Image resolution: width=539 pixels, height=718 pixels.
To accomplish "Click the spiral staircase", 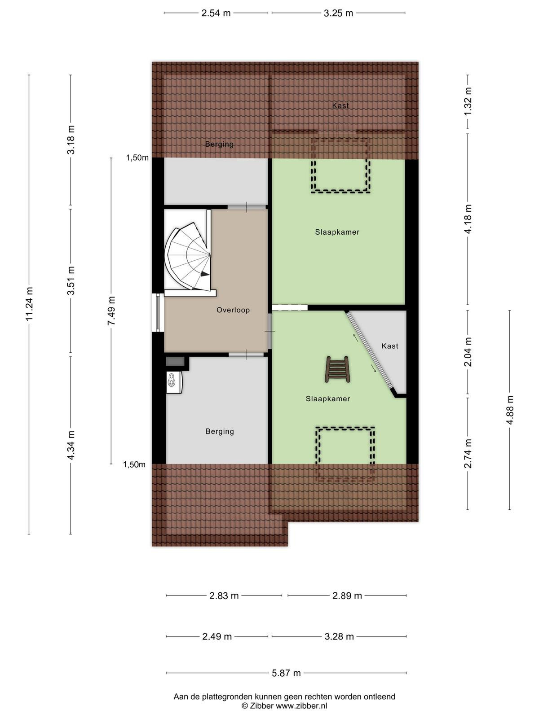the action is click(x=188, y=256).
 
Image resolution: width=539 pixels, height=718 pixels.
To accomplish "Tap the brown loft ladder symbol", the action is click(x=337, y=369).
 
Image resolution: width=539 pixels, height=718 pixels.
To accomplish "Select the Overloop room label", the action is click(x=233, y=310).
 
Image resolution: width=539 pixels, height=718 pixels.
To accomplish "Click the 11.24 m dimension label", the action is click(x=29, y=304).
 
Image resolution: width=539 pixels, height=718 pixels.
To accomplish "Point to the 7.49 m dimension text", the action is click(x=111, y=311).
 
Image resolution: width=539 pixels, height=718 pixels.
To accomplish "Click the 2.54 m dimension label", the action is click(x=216, y=13).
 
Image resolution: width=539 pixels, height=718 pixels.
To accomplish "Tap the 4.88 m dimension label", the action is click(x=509, y=410).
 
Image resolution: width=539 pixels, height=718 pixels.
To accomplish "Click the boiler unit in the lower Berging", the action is click(x=174, y=382).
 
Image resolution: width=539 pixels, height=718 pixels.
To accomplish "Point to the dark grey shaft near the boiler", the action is click(x=175, y=361).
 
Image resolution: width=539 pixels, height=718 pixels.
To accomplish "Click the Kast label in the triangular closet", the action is click(x=390, y=346).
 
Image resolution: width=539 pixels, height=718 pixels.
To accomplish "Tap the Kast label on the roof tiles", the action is click(x=340, y=105).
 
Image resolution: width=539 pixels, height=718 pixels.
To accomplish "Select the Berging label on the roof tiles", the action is click(x=219, y=144).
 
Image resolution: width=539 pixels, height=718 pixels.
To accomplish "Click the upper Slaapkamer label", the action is click(x=337, y=232).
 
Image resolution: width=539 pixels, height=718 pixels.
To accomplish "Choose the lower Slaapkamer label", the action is click(x=328, y=398).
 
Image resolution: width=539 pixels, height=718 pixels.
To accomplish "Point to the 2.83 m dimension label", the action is click(x=224, y=595).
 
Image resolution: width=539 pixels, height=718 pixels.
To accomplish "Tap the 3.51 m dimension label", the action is click(x=71, y=280).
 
